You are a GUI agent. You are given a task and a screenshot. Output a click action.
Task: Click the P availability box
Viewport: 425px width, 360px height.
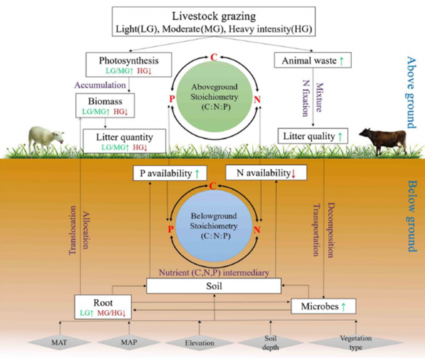(169, 173)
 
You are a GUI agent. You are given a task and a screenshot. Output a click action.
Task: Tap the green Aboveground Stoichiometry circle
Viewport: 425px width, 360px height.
(213, 93)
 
